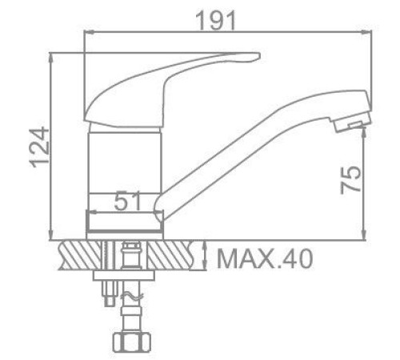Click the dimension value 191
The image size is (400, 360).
point(216,20)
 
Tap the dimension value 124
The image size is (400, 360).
point(39,148)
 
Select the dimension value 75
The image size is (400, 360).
point(350,180)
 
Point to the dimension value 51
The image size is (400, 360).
point(127,201)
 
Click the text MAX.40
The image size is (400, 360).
point(265,258)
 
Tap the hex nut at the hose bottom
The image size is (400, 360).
point(132,342)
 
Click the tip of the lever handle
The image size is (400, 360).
point(258,56)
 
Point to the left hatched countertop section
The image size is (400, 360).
point(80,255)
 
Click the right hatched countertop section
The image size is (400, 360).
point(170,255)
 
